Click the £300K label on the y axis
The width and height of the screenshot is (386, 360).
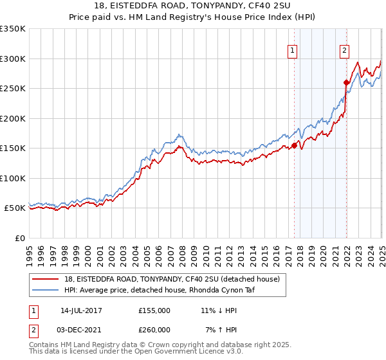coord(13,59)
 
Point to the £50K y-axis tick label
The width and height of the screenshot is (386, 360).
coord(15,208)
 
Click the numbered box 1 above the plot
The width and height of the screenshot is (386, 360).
coord(293,51)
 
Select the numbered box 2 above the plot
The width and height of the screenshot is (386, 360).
coord(345,51)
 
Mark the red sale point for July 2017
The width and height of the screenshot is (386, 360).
coord(294,146)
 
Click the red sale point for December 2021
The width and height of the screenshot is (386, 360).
coord(346,82)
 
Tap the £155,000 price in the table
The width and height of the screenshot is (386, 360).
coord(154,310)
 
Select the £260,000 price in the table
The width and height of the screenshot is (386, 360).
coord(154,330)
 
